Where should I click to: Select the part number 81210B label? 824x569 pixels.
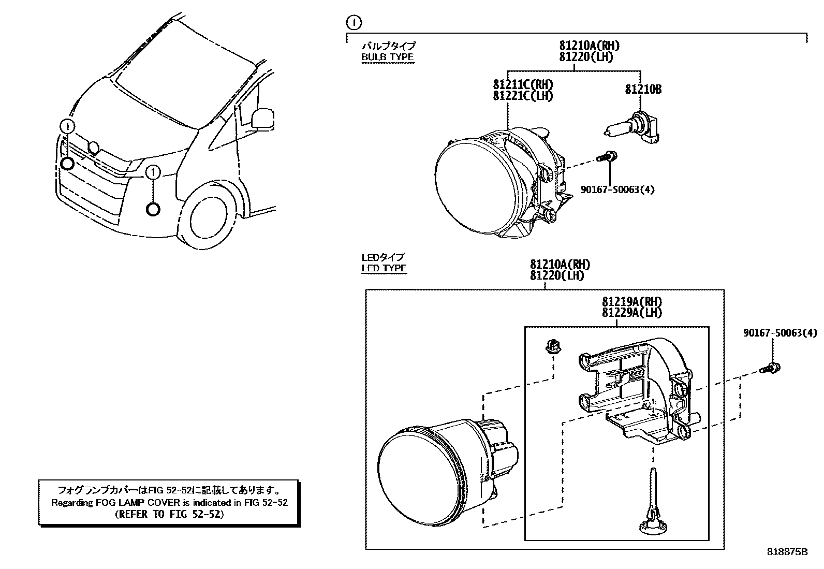(643, 90)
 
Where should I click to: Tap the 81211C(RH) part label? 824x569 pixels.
(523, 84)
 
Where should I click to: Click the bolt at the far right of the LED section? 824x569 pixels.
(771, 369)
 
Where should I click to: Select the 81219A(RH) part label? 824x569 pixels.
(631, 302)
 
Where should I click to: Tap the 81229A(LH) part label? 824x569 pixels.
(631, 313)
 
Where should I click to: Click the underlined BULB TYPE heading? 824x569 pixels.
(387, 57)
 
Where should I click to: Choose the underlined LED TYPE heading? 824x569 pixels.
(384, 268)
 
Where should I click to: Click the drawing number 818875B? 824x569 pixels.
(787, 552)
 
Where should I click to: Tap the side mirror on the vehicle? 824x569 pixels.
(262, 118)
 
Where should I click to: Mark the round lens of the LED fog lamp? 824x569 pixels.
(419, 469)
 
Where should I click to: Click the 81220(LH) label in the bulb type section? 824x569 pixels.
(586, 57)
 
